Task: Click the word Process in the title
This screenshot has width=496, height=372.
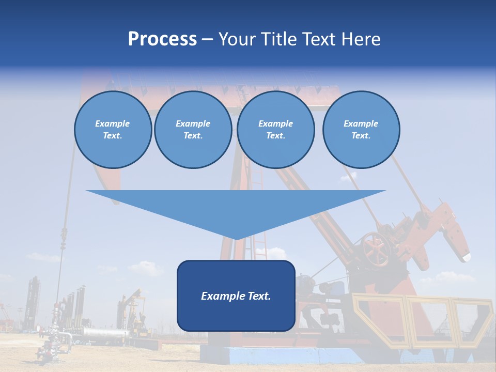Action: coord(162,39)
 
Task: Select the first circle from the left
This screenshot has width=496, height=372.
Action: coord(113,130)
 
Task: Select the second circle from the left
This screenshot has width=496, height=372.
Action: coord(193,130)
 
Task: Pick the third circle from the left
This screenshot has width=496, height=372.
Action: coord(275,130)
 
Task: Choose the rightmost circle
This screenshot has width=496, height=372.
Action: coord(361,130)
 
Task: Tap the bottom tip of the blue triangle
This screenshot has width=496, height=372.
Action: coord(236,238)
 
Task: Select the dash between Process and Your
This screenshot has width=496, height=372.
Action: coord(207,39)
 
